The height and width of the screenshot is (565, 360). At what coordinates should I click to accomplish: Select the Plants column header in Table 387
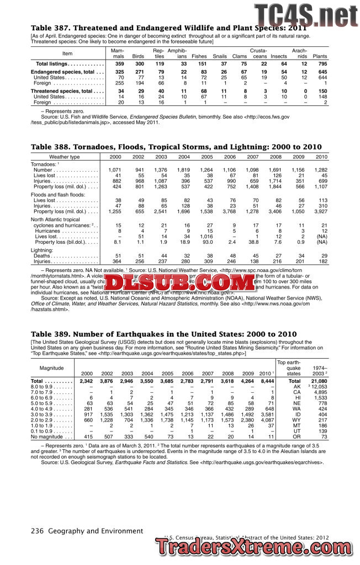320,56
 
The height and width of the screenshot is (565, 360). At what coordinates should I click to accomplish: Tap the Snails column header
220,56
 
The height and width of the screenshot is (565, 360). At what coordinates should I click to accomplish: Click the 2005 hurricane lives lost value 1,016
206,237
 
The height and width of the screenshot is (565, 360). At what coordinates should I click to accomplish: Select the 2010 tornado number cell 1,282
320,170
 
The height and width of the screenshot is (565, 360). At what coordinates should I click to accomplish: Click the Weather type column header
65,157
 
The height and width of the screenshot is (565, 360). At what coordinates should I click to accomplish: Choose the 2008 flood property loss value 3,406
274,211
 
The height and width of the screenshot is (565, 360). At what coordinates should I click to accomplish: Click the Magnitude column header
52,367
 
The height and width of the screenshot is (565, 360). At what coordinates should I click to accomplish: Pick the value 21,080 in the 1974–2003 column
319,381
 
